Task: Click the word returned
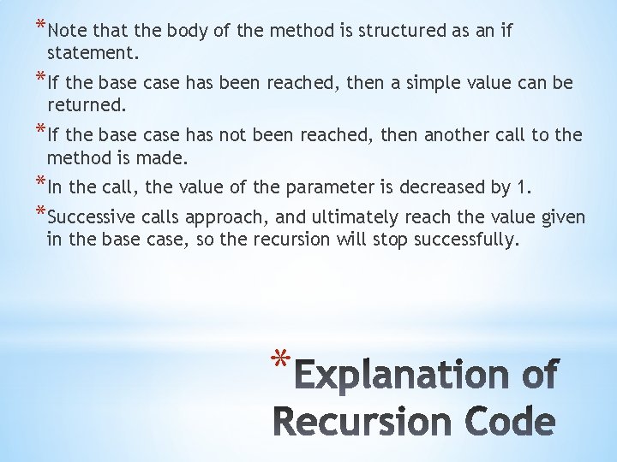[x=87, y=105]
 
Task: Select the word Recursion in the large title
[x=362, y=423]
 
